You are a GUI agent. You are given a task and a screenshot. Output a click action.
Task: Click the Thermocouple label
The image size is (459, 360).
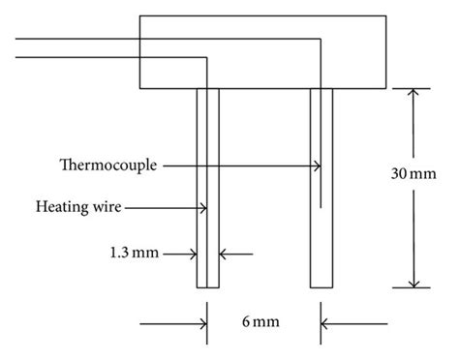(x=108, y=166)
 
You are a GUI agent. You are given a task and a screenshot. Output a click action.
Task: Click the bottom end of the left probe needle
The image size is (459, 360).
(x=208, y=286)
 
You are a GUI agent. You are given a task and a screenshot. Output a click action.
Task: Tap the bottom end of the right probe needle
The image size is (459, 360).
(x=321, y=286)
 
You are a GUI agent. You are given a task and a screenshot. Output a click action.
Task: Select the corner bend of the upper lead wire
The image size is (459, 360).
(x=321, y=40)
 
